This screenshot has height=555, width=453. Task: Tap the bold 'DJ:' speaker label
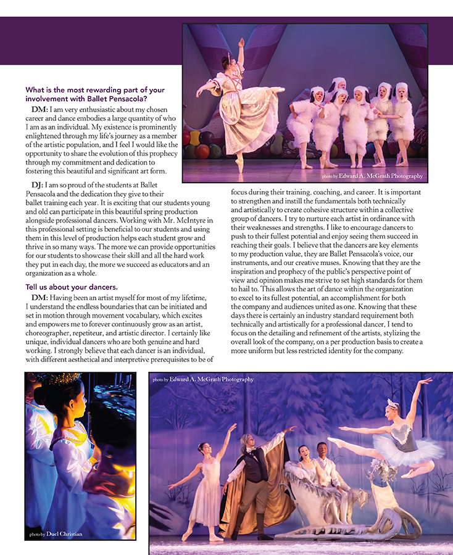pyautogui.click(x=37, y=185)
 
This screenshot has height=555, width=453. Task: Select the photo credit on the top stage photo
pyautogui.click(x=372, y=176)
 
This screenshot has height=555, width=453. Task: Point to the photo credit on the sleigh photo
pyautogui.click(x=203, y=379)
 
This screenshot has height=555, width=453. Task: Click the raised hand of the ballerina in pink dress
pyautogui.click(x=241, y=43)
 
